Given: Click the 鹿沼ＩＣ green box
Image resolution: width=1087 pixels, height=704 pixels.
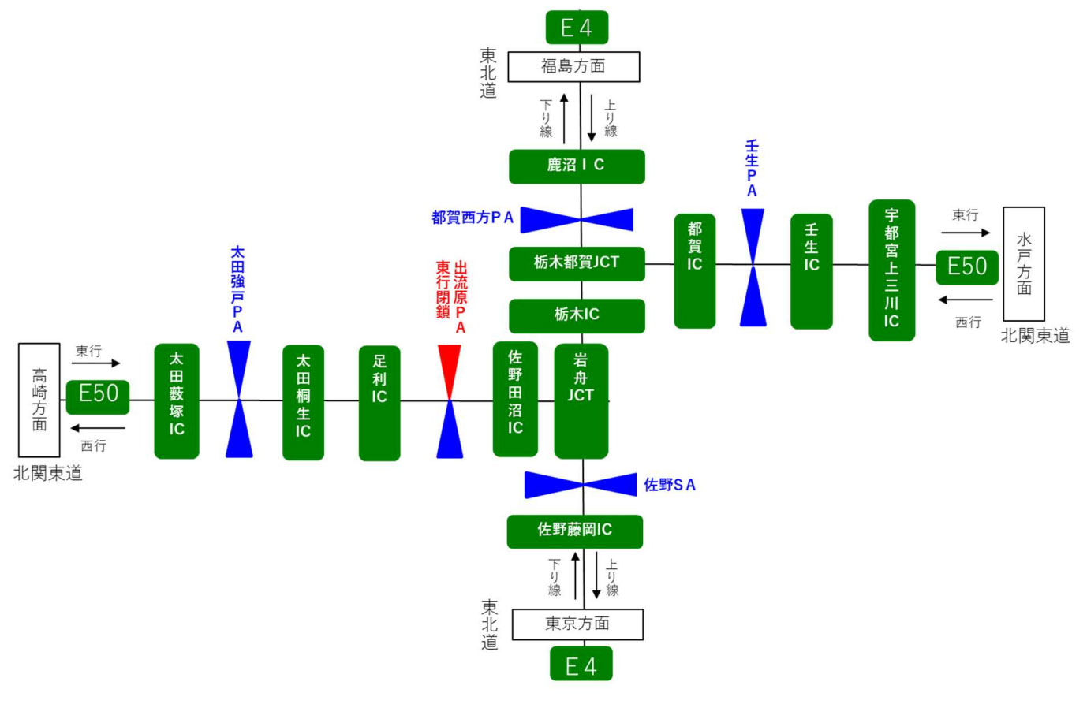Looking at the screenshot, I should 577,166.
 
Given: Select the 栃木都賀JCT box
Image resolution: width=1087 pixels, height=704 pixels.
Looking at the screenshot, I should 577,263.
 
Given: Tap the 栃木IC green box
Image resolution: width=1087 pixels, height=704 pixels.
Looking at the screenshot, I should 577,315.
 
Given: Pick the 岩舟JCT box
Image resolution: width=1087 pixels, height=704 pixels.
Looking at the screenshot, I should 581,400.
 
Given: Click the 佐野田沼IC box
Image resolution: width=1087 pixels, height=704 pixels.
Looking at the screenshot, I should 515,399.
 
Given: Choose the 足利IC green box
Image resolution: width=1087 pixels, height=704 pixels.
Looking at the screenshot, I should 379,403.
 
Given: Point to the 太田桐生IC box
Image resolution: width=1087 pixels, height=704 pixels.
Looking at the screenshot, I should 303,402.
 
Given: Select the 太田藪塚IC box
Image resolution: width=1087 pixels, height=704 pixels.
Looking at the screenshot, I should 177,400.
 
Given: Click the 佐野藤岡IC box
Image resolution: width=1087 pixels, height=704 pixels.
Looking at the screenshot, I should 574,531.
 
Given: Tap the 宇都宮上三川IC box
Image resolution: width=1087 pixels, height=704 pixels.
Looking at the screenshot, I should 891,270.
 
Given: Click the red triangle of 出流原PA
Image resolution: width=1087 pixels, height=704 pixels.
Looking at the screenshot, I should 450,369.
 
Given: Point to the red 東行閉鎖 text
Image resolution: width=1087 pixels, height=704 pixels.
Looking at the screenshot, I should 443,291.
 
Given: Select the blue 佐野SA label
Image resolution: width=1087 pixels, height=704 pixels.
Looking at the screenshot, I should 670,485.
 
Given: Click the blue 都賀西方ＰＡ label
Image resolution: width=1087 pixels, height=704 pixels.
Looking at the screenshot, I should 473,218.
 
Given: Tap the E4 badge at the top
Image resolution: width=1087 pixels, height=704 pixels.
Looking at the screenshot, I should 577,28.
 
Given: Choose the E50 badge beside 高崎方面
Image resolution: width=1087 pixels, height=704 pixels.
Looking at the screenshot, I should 98,393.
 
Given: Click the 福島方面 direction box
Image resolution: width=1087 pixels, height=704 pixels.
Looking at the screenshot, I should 573,67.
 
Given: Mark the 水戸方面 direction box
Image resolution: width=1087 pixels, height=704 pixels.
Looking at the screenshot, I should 1024,263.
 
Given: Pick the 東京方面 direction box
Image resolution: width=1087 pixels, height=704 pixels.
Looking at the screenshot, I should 577,624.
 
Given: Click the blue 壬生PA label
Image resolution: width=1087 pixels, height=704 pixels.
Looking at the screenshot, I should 752,169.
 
